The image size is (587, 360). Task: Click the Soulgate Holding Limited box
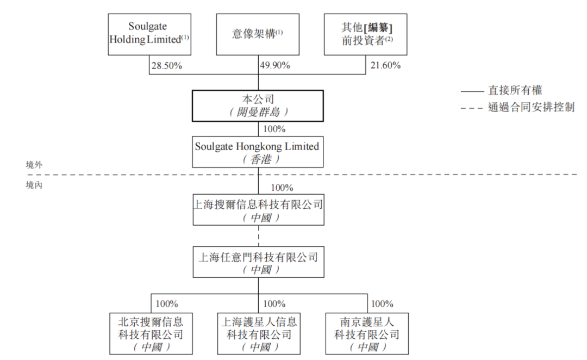click(149, 34)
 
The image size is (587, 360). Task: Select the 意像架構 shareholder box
click(258, 34)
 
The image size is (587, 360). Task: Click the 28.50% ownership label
click(167, 66)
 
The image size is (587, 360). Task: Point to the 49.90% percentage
click(275, 66)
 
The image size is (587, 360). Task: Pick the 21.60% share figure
click(385, 66)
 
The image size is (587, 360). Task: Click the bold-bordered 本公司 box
click(258, 105)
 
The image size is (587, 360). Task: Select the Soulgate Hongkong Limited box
click(258, 152)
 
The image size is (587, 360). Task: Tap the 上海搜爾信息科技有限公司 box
click(258, 210)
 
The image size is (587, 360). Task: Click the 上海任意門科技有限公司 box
click(258, 262)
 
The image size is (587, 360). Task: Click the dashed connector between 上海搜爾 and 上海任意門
click(258, 235)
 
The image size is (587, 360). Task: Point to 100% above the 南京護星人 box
click(382, 304)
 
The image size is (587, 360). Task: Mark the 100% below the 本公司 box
click(274, 129)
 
